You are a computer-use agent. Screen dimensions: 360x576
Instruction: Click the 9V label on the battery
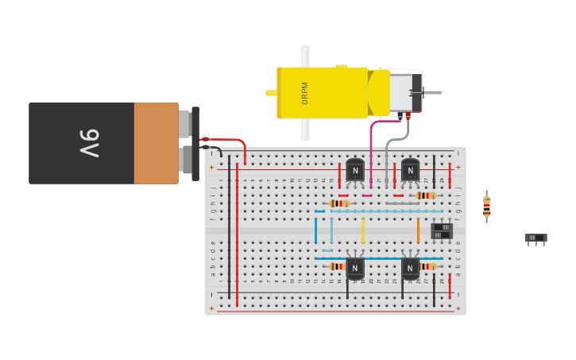(x=90, y=143)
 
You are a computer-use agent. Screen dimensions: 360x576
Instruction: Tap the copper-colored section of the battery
(x=156, y=143)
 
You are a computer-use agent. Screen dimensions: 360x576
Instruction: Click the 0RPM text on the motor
(x=305, y=93)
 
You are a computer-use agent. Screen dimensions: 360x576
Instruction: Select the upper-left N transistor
(x=355, y=170)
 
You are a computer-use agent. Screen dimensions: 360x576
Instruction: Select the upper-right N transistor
(x=410, y=170)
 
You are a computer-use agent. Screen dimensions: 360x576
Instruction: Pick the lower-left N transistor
(x=355, y=268)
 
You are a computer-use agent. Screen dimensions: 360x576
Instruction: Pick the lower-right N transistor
(x=410, y=268)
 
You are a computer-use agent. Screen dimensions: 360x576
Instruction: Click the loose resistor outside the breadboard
(x=487, y=206)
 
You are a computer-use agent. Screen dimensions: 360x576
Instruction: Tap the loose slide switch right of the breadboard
(x=535, y=238)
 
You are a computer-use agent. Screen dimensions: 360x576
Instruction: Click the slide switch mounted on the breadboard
(x=442, y=230)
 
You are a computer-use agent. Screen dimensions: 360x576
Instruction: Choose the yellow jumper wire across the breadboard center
(x=363, y=230)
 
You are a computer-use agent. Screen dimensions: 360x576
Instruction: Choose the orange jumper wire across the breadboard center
(x=418, y=230)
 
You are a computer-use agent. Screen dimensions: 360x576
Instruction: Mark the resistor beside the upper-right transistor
(x=426, y=195)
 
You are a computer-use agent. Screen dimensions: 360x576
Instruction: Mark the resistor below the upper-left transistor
(x=339, y=203)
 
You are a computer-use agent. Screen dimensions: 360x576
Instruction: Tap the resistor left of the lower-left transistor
(x=337, y=266)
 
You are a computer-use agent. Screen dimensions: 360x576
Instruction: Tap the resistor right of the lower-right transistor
(x=427, y=266)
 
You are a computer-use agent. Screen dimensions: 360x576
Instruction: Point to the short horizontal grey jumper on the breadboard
(x=402, y=203)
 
